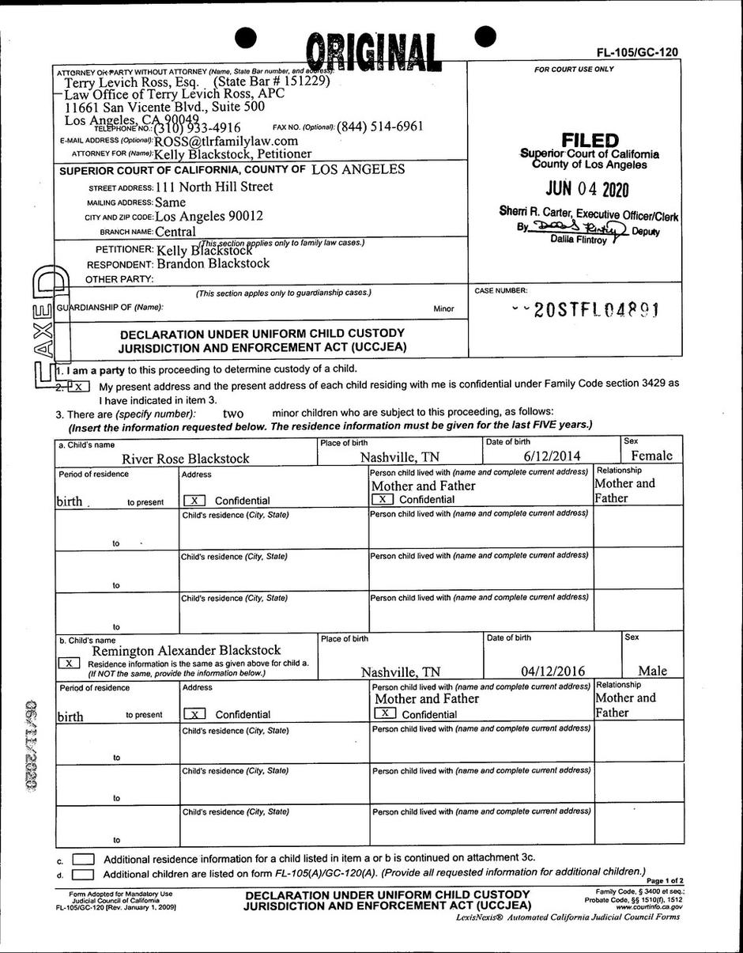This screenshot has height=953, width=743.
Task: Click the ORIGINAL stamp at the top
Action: (x=373, y=53)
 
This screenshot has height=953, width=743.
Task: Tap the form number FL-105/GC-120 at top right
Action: (x=637, y=52)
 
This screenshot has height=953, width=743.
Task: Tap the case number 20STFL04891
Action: (x=596, y=310)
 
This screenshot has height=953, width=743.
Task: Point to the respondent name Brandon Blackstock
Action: (x=213, y=263)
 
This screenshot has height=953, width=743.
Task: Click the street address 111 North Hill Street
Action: (x=213, y=187)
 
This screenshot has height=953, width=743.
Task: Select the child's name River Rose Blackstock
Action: (x=185, y=458)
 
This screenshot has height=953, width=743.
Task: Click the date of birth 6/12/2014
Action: (x=552, y=456)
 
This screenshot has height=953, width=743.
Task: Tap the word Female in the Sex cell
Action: (x=651, y=456)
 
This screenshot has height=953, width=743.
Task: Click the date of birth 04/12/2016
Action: (x=553, y=671)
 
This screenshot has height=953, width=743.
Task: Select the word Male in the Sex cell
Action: (x=652, y=671)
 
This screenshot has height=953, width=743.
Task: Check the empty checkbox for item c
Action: (x=82, y=858)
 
